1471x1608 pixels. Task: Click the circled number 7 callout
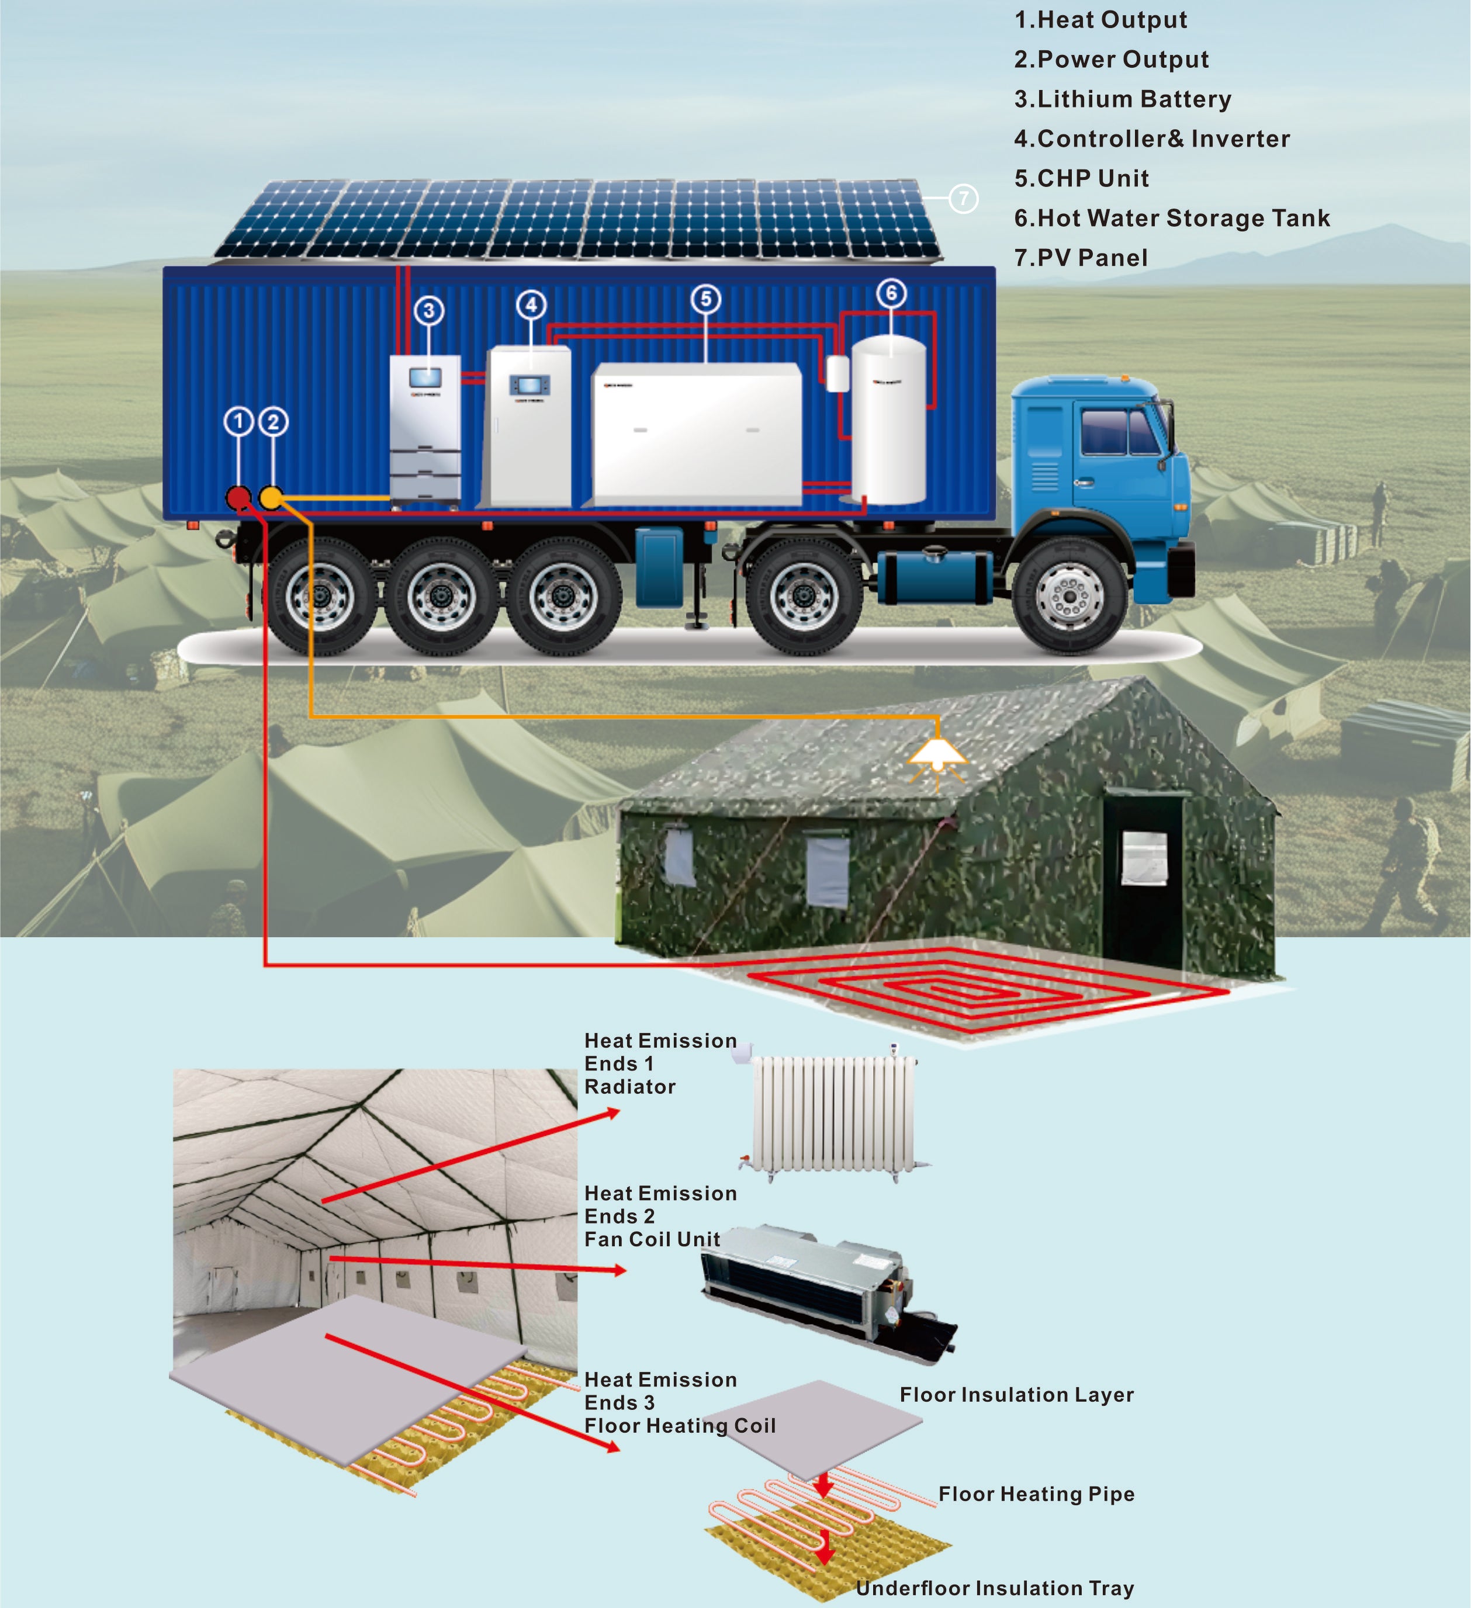[964, 198]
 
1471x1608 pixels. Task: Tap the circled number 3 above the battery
[429, 310]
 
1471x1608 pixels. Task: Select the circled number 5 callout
[706, 300]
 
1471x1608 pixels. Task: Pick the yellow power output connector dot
[272, 498]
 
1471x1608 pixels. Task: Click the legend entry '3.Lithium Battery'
[1123, 99]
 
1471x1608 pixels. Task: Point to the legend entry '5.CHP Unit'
[1081, 179]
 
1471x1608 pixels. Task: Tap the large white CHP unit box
[695, 433]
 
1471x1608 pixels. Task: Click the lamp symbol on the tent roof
[938, 754]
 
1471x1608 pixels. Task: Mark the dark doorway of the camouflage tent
[1143, 878]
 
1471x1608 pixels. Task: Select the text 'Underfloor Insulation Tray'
[995, 1588]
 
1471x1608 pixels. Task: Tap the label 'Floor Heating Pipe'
[1036, 1494]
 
